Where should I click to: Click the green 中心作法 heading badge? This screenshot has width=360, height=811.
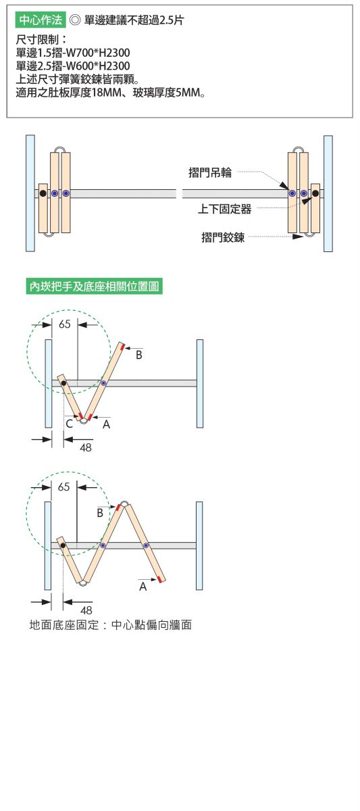point(41,20)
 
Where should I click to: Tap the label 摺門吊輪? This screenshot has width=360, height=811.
point(210,173)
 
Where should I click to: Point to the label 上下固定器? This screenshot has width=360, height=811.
point(224,209)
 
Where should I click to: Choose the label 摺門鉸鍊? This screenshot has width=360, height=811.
point(223,237)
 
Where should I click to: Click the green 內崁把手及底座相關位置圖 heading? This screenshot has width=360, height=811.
point(95,287)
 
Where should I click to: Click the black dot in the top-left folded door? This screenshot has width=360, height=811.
point(43,194)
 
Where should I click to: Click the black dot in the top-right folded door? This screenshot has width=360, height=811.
point(315,194)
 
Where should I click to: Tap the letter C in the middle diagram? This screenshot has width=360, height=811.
point(69,424)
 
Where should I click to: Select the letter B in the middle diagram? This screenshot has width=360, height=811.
point(139,355)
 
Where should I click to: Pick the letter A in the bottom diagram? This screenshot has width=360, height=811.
point(143,587)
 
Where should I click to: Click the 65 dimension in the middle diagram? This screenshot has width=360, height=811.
point(65,324)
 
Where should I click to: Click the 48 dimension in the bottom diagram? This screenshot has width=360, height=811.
point(86,610)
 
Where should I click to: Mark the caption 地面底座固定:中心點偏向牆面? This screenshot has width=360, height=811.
point(110,625)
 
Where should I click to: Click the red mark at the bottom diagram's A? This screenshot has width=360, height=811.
point(159,580)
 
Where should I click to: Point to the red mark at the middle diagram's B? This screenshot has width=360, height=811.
point(124,347)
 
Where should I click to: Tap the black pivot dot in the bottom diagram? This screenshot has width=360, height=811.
point(63,545)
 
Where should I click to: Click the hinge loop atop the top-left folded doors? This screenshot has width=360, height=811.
point(60,149)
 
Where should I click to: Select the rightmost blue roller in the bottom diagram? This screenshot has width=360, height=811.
point(146,545)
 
